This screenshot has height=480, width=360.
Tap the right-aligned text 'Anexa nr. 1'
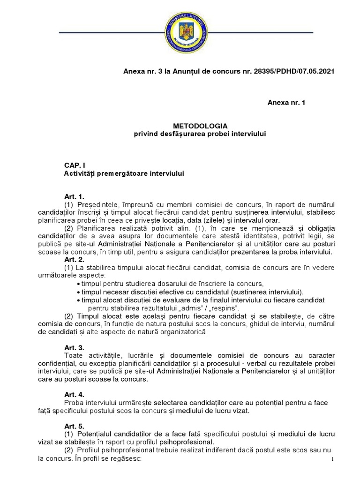(x=286, y=102)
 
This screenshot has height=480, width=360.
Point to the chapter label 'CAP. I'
(x=75, y=166)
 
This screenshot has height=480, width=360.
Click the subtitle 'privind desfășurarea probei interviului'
(x=200, y=135)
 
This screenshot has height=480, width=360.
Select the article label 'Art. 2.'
(x=74, y=260)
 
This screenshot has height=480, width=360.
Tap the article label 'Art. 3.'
(x=74, y=347)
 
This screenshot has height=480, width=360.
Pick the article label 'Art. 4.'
(x=74, y=395)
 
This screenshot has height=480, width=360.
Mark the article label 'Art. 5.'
(x=74, y=427)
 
